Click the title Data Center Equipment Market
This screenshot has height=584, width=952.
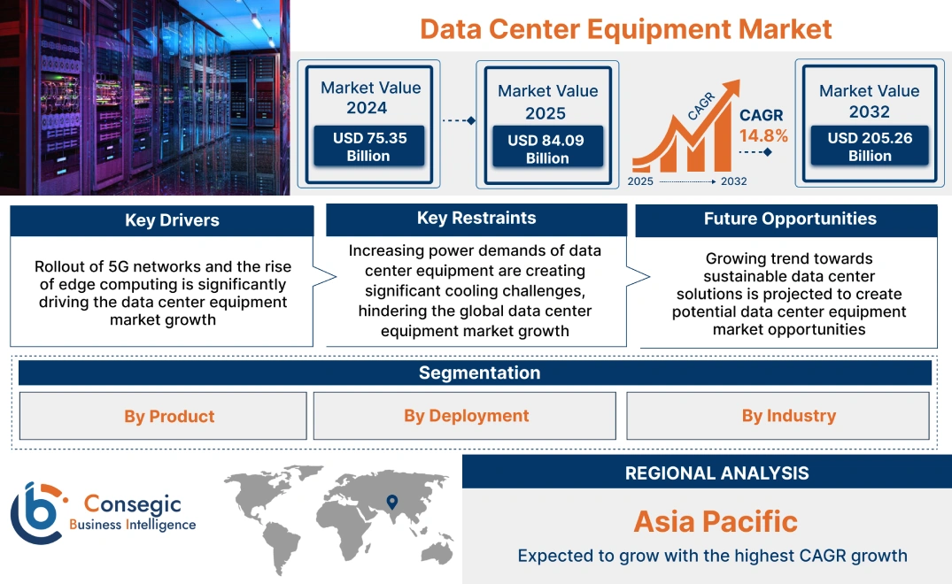click(625, 28)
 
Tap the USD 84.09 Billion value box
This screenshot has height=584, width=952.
click(547, 150)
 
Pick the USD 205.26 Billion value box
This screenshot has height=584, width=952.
click(869, 147)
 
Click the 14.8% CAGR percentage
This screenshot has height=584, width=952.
click(763, 136)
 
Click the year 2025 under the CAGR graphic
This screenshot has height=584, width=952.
click(640, 181)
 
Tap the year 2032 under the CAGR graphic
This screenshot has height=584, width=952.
click(733, 181)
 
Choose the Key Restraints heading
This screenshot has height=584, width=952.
click(476, 219)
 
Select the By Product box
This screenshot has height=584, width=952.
click(169, 416)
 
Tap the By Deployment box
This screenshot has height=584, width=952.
click(466, 416)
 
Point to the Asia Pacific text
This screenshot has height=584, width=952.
click(716, 521)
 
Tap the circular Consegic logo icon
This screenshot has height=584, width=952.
click(36, 513)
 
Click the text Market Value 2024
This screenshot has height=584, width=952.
click(369, 97)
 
